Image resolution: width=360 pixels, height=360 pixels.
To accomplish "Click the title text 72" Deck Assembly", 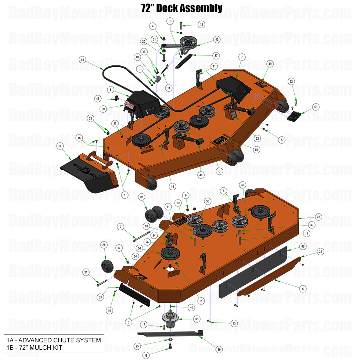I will (x=181, y=8).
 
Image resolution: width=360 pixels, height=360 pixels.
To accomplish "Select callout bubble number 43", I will (x=82, y=60).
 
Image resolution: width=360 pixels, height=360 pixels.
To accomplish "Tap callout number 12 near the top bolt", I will (x=201, y=25).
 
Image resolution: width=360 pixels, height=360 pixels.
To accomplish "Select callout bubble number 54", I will (x=60, y=146).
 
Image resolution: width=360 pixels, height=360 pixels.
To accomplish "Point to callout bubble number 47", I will (x=318, y=217).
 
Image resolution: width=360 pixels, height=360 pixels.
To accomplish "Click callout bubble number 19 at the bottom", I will (x=146, y=355).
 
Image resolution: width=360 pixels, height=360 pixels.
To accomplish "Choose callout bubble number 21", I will (x=86, y=272).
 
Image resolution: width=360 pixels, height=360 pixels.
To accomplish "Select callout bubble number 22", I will (x=291, y=81).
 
